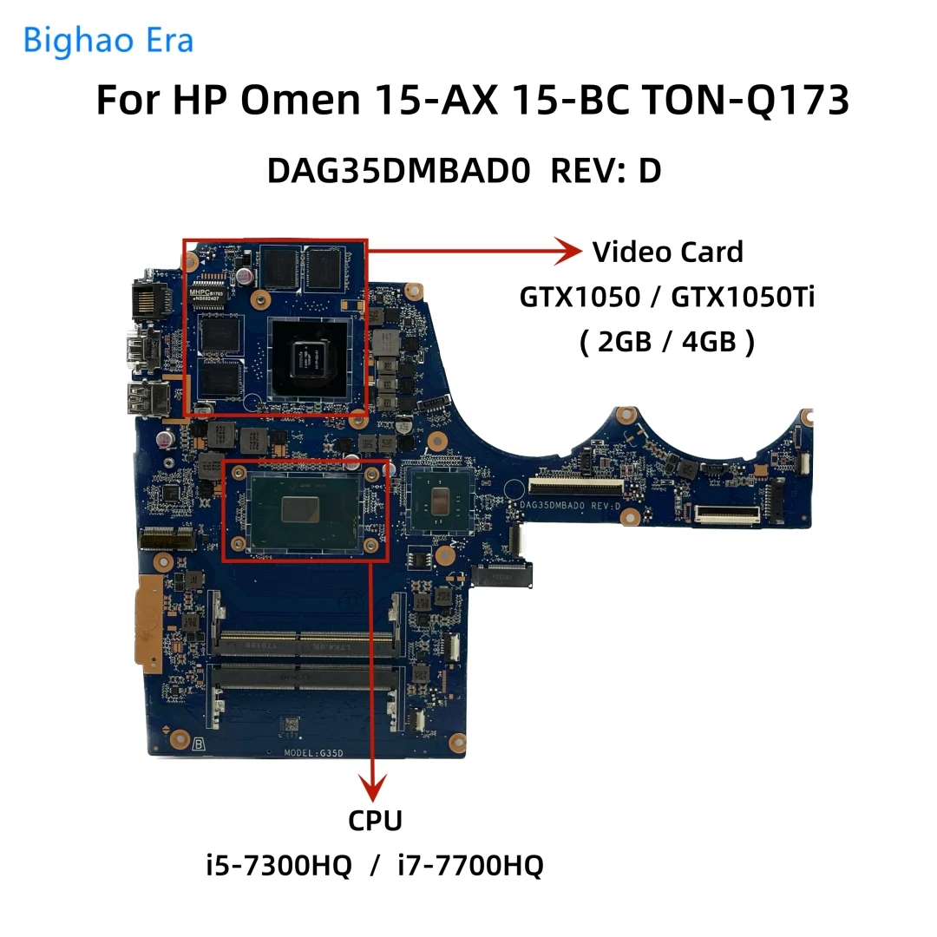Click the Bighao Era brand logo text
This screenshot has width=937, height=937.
pos(108,40)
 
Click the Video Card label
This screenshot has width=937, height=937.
pos(667,252)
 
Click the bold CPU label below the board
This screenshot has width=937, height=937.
pos(375,820)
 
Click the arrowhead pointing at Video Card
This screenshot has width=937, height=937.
pos(567,252)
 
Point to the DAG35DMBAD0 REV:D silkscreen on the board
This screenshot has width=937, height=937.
pos(569,505)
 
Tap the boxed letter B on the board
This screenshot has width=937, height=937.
pos(200,744)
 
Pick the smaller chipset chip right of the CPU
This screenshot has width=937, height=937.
pos(439,500)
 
